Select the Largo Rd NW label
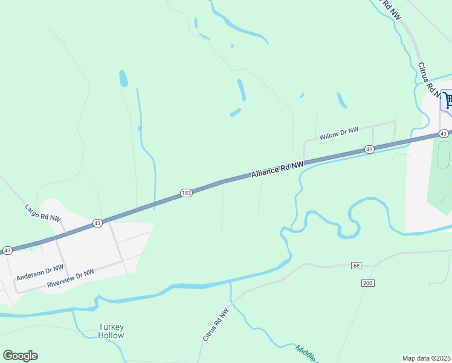[x=43, y=212]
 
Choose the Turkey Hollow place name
[x=111, y=331]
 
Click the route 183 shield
[x=186, y=193]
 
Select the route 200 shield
[x=367, y=283]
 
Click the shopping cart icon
[x=448, y=100]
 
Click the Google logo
[x=20, y=356]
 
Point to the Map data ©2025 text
[x=426, y=358]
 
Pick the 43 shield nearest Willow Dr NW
[x=369, y=149]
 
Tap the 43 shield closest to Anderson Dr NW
[x=7, y=250]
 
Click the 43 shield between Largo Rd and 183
[x=97, y=223]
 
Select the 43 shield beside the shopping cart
[x=444, y=133]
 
